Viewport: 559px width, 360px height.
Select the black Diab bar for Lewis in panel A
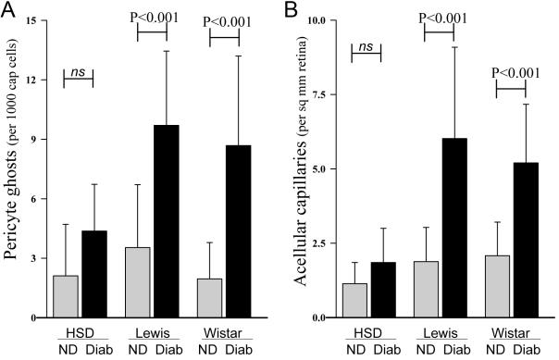click(x=167, y=221)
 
